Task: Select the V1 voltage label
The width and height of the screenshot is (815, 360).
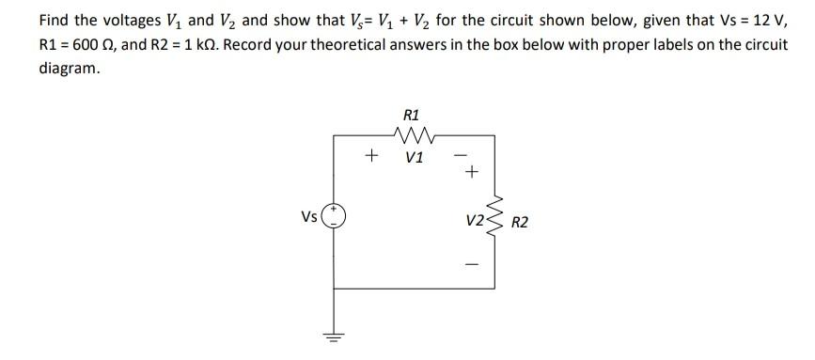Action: (415, 157)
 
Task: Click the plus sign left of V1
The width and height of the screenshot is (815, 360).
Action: (372, 154)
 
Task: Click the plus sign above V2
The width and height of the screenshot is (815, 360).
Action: (472, 172)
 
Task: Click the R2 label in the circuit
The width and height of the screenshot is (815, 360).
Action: (519, 222)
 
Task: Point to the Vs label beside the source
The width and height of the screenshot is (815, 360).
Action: (309, 217)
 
